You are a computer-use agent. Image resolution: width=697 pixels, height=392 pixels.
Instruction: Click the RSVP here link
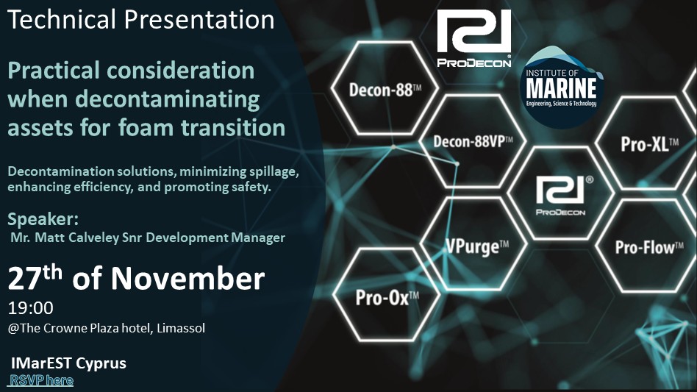pos(42,380)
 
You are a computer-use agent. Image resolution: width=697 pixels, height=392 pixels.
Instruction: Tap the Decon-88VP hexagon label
pos(473,142)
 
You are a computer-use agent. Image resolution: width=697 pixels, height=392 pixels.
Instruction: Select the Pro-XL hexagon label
pos(649,144)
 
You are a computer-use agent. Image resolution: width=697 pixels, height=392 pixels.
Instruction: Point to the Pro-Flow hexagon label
pos(649,248)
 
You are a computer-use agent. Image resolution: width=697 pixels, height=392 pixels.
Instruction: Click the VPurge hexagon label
pos(477,246)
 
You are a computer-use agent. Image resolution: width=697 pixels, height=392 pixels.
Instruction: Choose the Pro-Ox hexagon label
pos(387,298)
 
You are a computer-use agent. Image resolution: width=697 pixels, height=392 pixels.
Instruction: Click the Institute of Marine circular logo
pos(562,88)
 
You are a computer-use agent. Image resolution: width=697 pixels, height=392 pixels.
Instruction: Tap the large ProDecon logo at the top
pos(473,38)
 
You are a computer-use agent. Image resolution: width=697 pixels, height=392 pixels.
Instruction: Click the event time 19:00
pos(31,307)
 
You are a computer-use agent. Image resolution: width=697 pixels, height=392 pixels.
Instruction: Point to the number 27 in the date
pos(24,279)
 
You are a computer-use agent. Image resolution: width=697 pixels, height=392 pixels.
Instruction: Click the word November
pos(187,279)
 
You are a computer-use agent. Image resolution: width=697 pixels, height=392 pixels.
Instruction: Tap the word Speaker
pos(43,218)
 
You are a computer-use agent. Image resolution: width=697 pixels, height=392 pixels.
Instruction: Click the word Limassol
pos(181,328)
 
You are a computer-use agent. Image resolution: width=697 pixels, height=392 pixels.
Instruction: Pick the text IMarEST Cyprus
pos(68,363)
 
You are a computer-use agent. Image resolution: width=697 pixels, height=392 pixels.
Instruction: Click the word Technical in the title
pos(62,20)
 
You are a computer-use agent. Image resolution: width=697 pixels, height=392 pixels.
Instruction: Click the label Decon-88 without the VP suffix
pos(385,90)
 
